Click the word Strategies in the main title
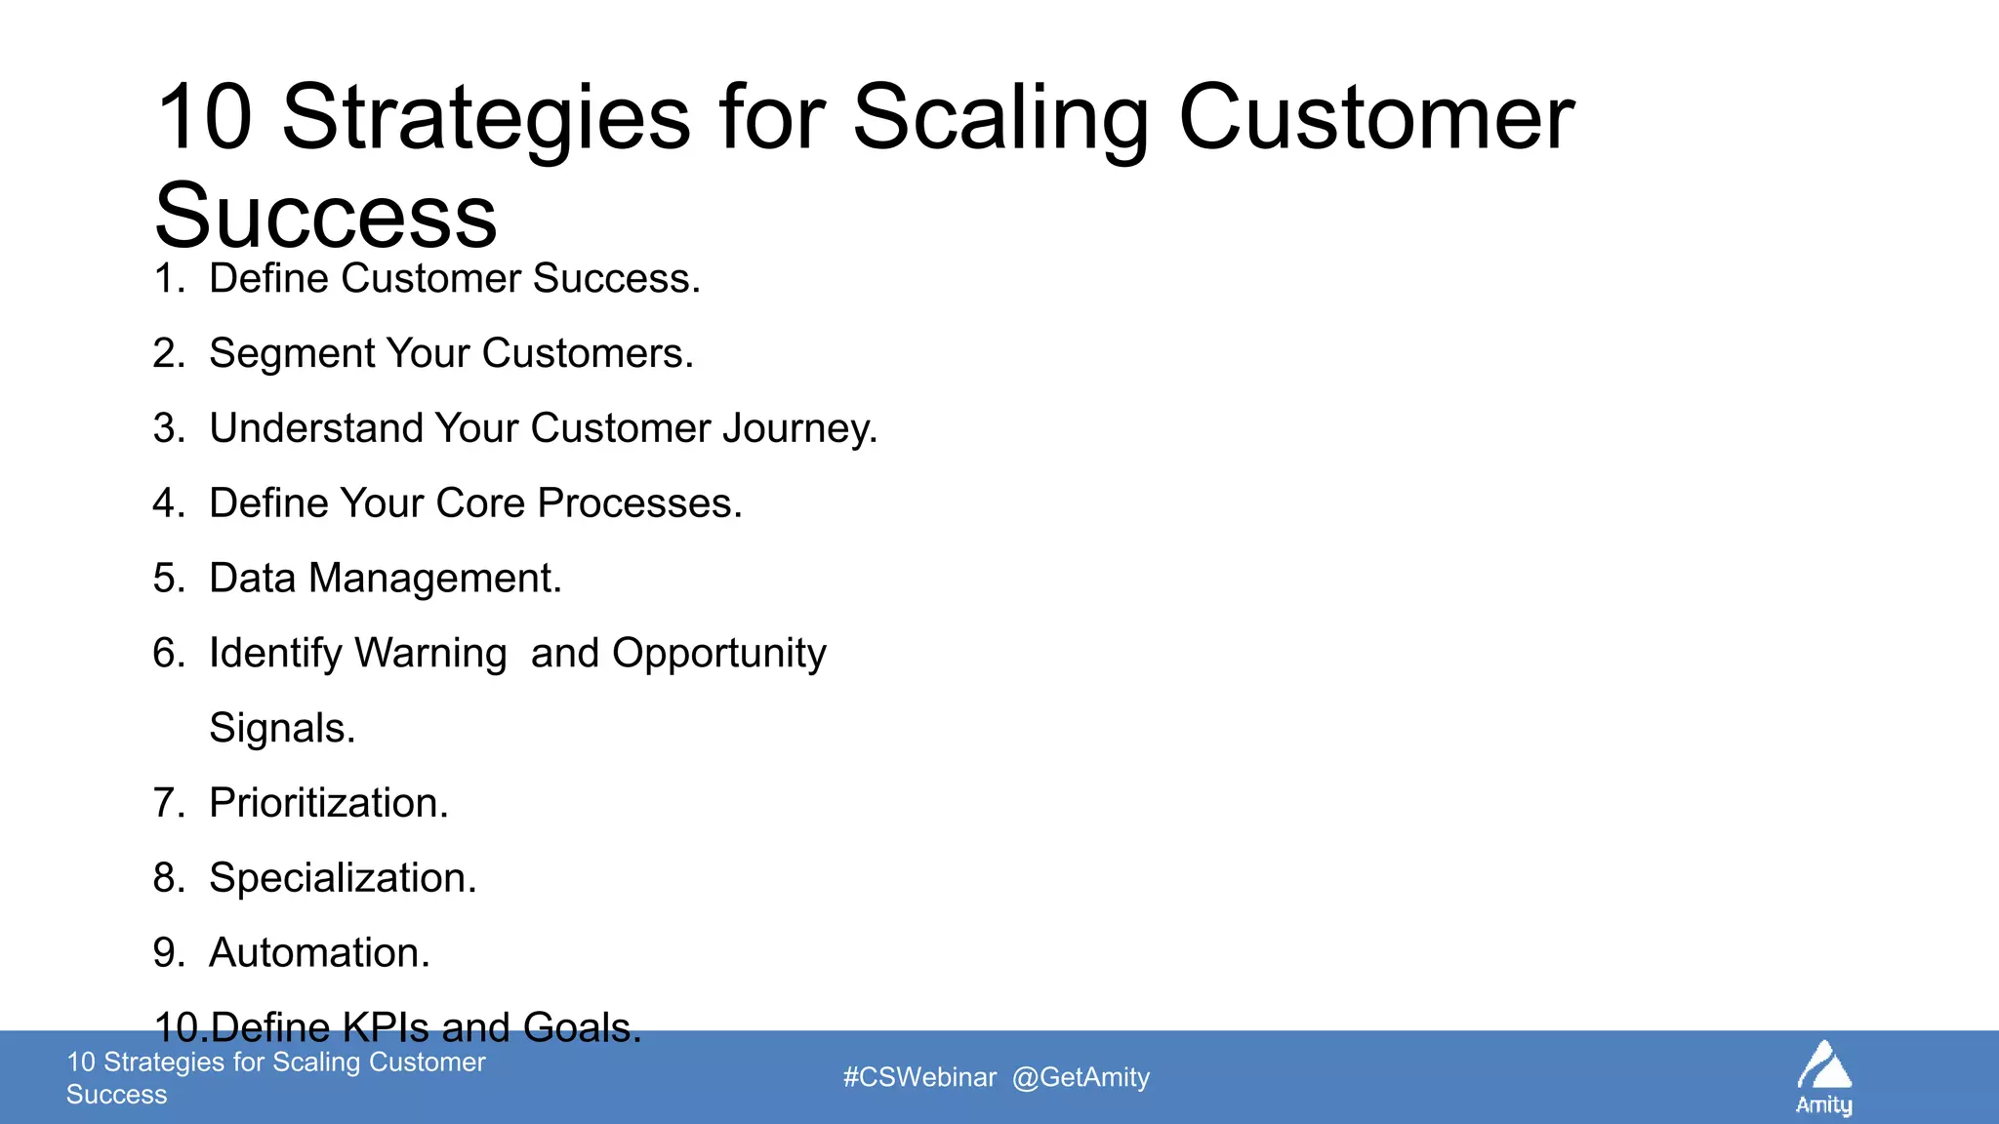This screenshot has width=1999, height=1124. [485, 119]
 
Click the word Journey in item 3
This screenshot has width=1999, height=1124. [799, 429]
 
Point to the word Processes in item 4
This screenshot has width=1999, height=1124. [638, 503]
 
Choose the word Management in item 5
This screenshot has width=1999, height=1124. [434, 580]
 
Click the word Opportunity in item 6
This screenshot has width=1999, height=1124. [718, 654]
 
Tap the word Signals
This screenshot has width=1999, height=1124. [282, 729]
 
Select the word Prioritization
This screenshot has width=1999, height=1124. [328, 804]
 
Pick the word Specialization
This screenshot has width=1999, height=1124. [343, 878]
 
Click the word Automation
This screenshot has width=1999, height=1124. [319, 953]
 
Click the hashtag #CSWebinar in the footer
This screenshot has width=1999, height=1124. [919, 1077]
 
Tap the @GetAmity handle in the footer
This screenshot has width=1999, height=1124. [1081, 1077]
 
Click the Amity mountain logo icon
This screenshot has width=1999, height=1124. [1823, 1067]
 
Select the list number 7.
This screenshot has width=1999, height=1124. [167, 804]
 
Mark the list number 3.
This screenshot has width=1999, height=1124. [167, 429]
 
